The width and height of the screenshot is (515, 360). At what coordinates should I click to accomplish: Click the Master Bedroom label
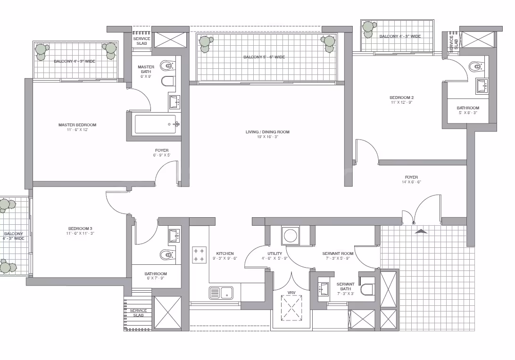[77, 125]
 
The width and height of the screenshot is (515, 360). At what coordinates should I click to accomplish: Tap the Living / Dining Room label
[267, 132]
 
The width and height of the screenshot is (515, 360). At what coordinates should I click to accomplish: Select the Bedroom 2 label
[401, 98]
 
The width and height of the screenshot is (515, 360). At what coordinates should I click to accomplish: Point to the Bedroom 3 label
[80, 229]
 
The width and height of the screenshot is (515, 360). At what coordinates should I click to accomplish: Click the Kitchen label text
[225, 254]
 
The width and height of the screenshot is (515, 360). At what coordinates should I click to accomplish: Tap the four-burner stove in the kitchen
[199, 254]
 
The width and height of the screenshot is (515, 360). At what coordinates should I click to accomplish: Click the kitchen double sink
[221, 293]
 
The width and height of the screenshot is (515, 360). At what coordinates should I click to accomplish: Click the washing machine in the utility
[291, 235]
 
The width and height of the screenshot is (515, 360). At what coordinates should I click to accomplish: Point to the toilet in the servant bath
[366, 290]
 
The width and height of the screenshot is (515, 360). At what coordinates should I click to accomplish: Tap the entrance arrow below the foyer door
[421, 231]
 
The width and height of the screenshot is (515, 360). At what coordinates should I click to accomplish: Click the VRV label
[291, 293]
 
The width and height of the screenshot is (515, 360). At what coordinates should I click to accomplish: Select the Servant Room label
[338, 254]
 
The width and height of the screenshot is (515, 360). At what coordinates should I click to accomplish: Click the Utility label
[274, 254]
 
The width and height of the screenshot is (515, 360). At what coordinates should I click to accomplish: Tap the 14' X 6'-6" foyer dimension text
[411, 182]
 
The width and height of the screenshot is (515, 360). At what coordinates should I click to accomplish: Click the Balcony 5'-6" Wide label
[264, 57]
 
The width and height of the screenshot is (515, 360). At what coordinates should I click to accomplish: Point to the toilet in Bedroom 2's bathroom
[476, 67]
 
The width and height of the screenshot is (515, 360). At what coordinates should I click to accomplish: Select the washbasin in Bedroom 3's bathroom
[174, 236]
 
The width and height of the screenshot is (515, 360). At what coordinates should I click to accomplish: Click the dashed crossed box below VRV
[291, 308]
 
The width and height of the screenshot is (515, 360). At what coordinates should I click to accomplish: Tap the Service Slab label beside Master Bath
[141, 41]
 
